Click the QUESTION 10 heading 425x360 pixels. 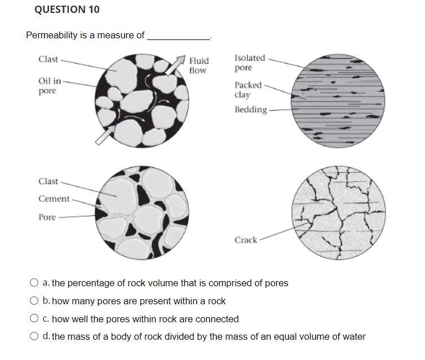coord(67,10)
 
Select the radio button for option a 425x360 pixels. coord(34,282)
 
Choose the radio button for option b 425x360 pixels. coord(34,300)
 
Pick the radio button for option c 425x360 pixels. coord(34,318)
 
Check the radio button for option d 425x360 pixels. coord(34,336)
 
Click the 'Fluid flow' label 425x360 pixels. coord(199,65)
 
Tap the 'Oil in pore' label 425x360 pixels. coord(50,86)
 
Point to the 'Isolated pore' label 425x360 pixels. coord(250,63)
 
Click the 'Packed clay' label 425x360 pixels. coord(248,90)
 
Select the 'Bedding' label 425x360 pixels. coord(251,110)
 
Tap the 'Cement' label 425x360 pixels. coord(54,199)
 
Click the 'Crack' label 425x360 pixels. coord(246,240)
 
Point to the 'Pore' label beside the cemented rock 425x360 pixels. coord(47,217)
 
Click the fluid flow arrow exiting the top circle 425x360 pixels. coord(175,65)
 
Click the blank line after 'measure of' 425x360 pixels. coord(178,39)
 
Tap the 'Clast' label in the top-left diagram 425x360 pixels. coord(48,59)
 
